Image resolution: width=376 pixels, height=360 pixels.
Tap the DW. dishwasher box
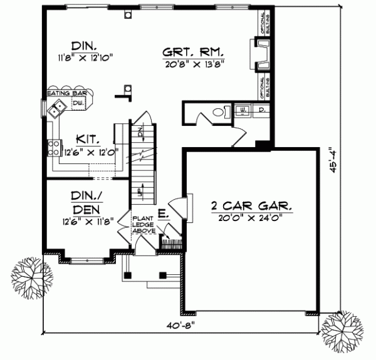78,103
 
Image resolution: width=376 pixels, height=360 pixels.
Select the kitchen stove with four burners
51,148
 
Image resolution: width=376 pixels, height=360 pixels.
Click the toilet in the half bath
216,113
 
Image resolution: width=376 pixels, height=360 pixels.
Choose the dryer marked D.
261,111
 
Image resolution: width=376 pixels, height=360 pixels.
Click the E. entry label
162,215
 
